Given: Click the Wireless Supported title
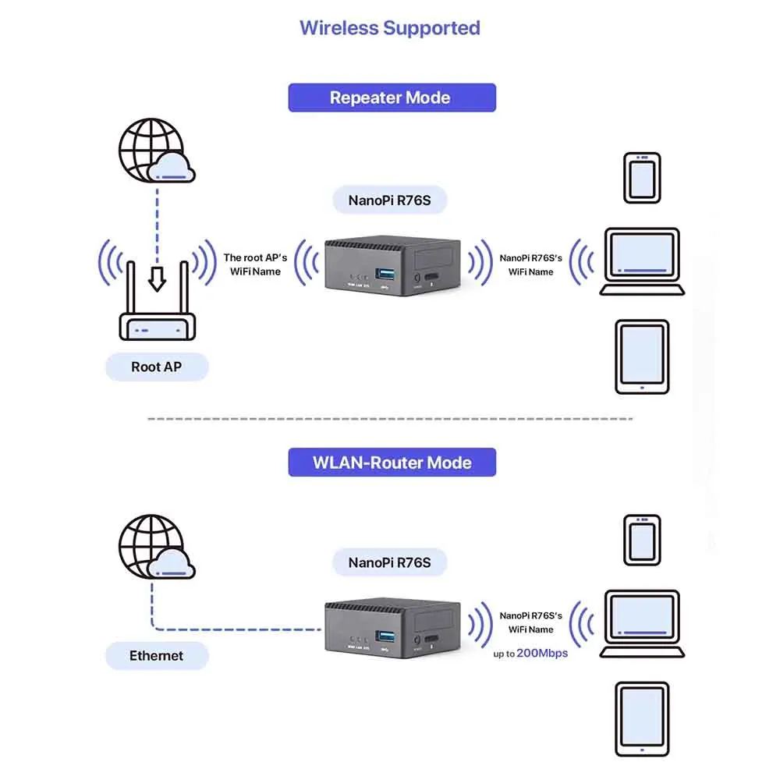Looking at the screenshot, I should (390, 28).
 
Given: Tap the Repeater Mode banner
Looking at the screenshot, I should (392, 97).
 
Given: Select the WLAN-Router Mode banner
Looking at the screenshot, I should (392, 462).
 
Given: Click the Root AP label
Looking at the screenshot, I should (157, 367).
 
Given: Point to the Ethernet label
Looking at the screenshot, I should (157, 656).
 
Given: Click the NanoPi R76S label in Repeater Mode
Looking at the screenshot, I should (389, 200).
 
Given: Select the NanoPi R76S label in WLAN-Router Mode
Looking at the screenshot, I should (389, 562).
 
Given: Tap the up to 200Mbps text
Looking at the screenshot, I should (530, 653).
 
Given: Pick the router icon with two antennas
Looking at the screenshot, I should (157, 312).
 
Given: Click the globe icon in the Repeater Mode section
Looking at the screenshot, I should (152, 152).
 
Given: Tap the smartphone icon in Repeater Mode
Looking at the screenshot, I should (641, 177).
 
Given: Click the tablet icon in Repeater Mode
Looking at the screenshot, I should (642, 356).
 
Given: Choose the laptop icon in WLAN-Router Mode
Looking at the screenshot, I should (642, 625).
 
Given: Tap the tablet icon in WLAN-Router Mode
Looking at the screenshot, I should (642, 719).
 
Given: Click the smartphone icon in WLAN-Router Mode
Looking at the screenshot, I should (641, 539).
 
